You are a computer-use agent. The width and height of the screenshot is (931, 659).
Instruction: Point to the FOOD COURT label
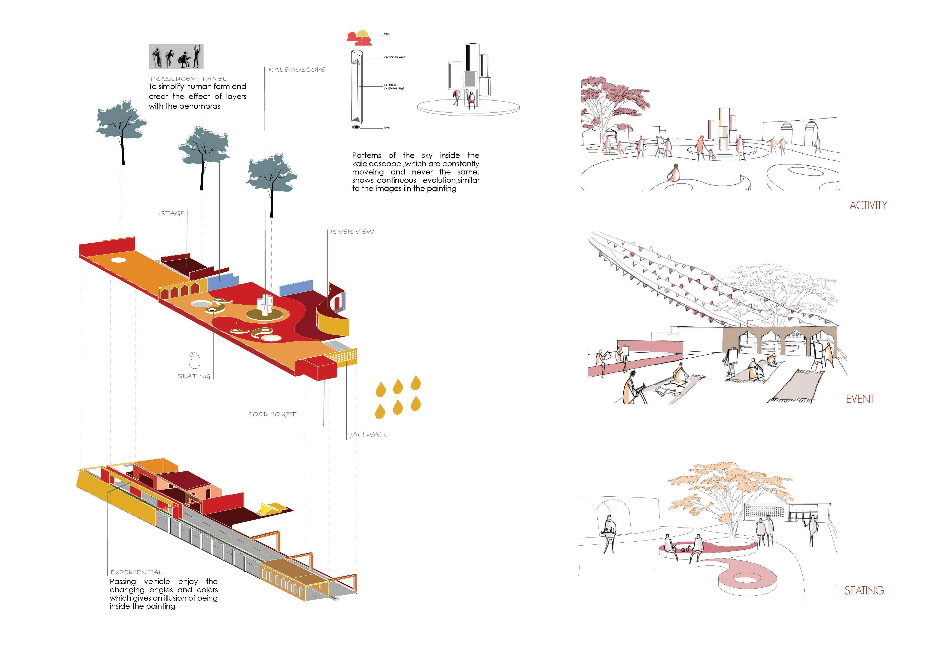[x=272, y=414]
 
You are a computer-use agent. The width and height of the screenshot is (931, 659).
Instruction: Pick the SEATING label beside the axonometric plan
[x=193, y=376]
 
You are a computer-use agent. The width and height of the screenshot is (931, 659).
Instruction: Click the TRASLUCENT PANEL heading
[x=188, y=79]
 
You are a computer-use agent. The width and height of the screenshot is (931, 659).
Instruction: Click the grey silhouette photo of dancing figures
[x=176, y=57]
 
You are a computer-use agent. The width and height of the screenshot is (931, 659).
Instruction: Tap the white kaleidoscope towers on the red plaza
[x=266, y=304]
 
